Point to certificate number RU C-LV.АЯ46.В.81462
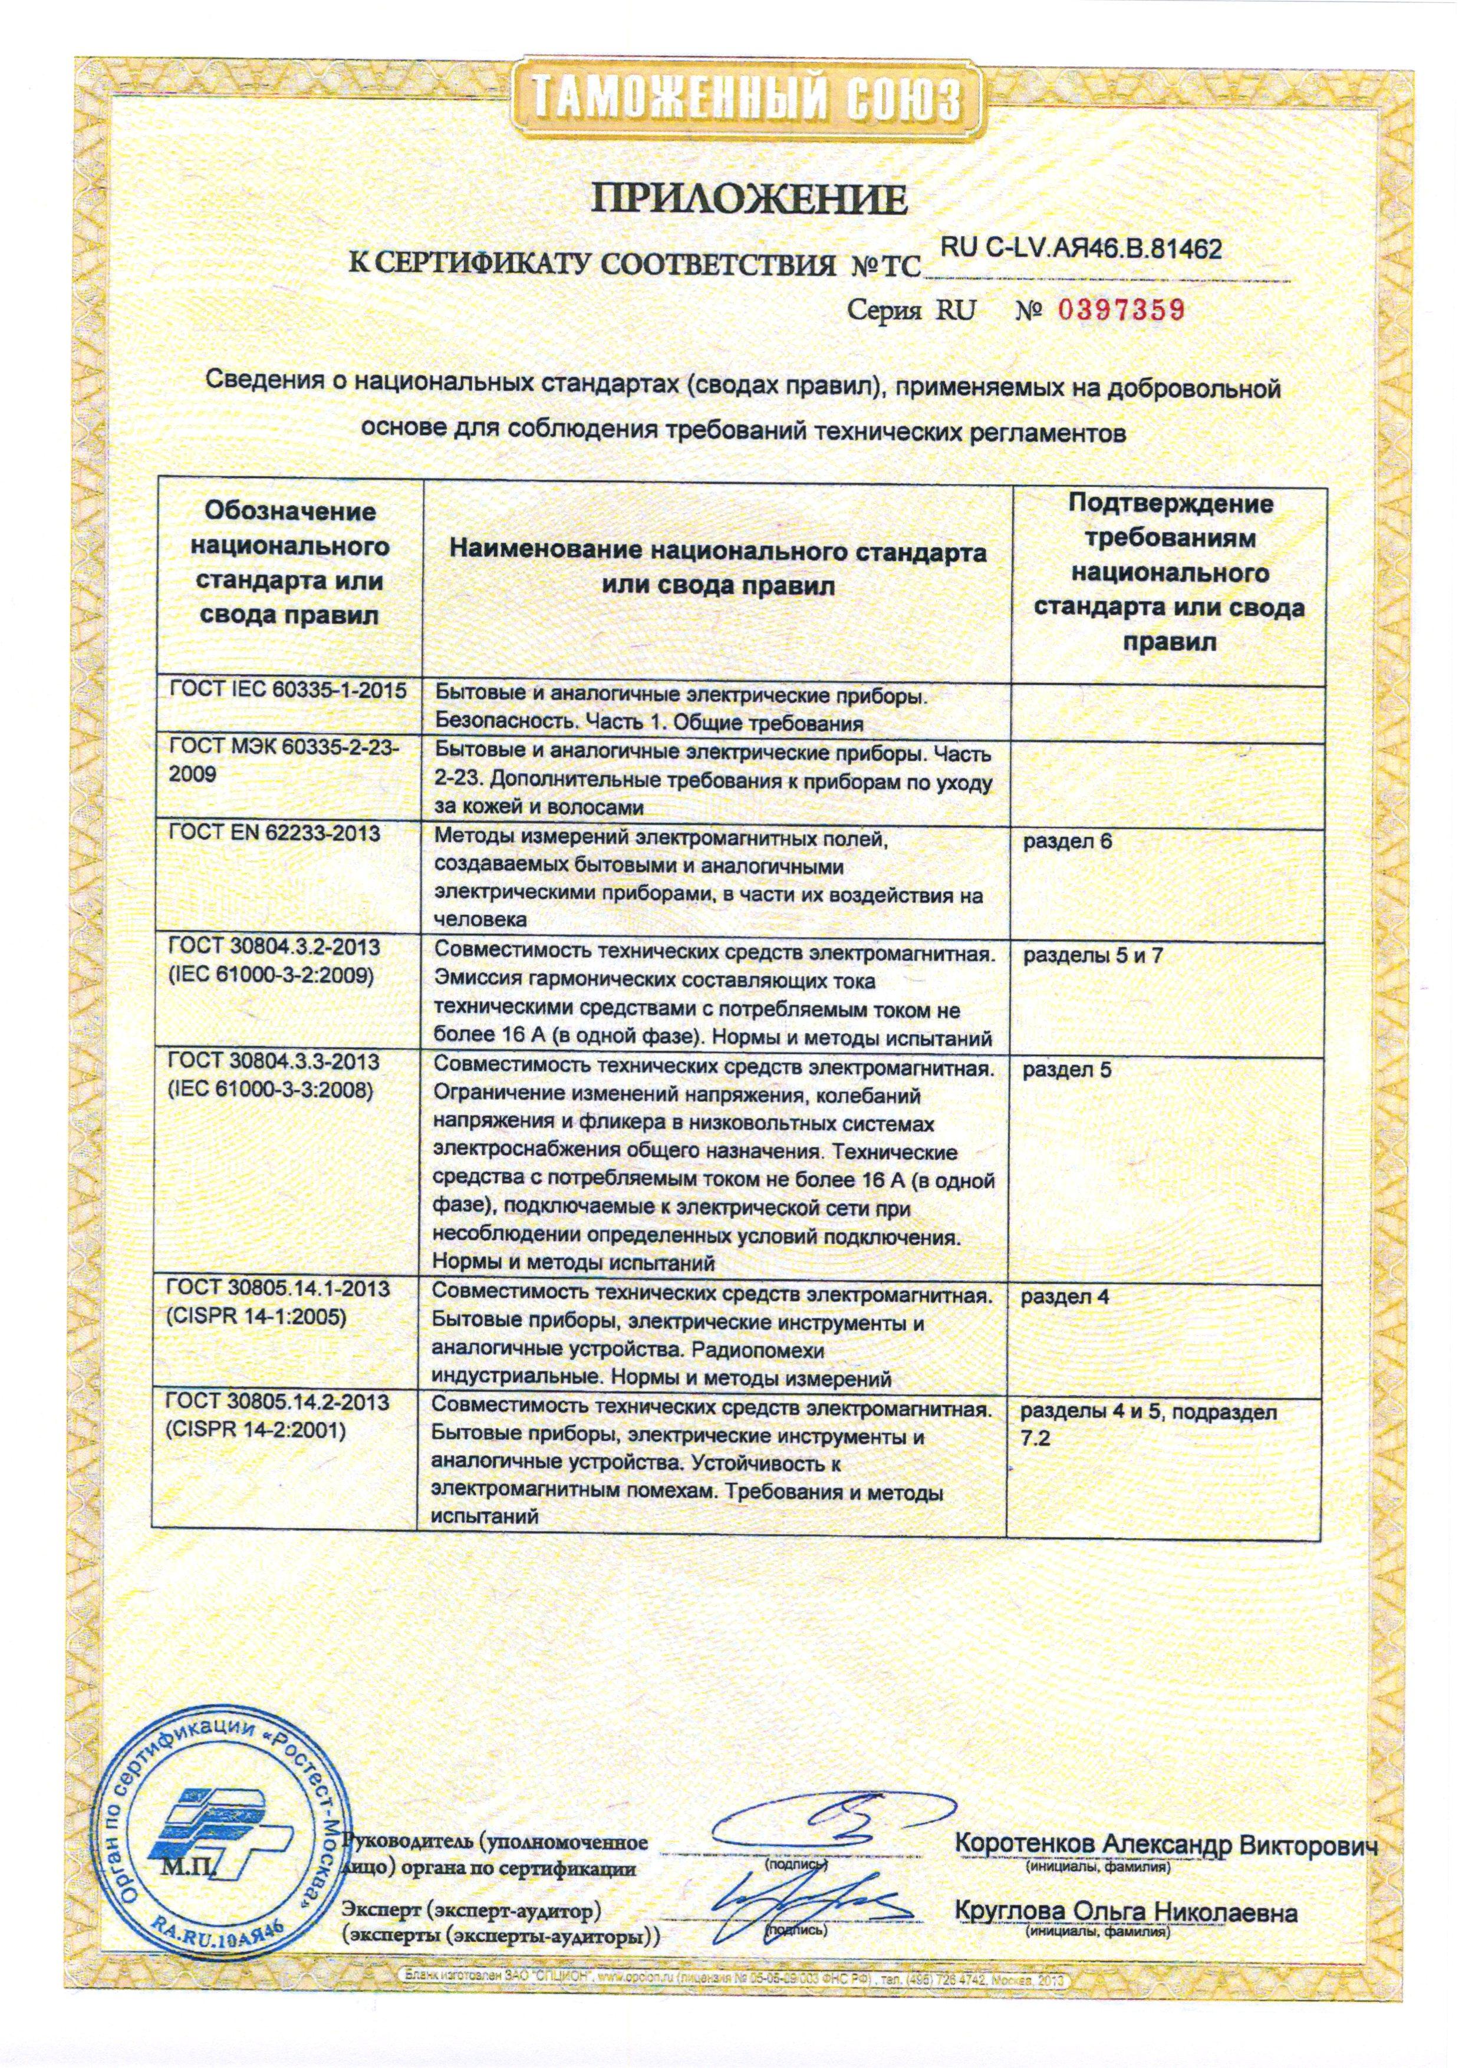[1080, 249]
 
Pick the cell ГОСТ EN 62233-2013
[274, 833]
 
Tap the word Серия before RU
[885, 312]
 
